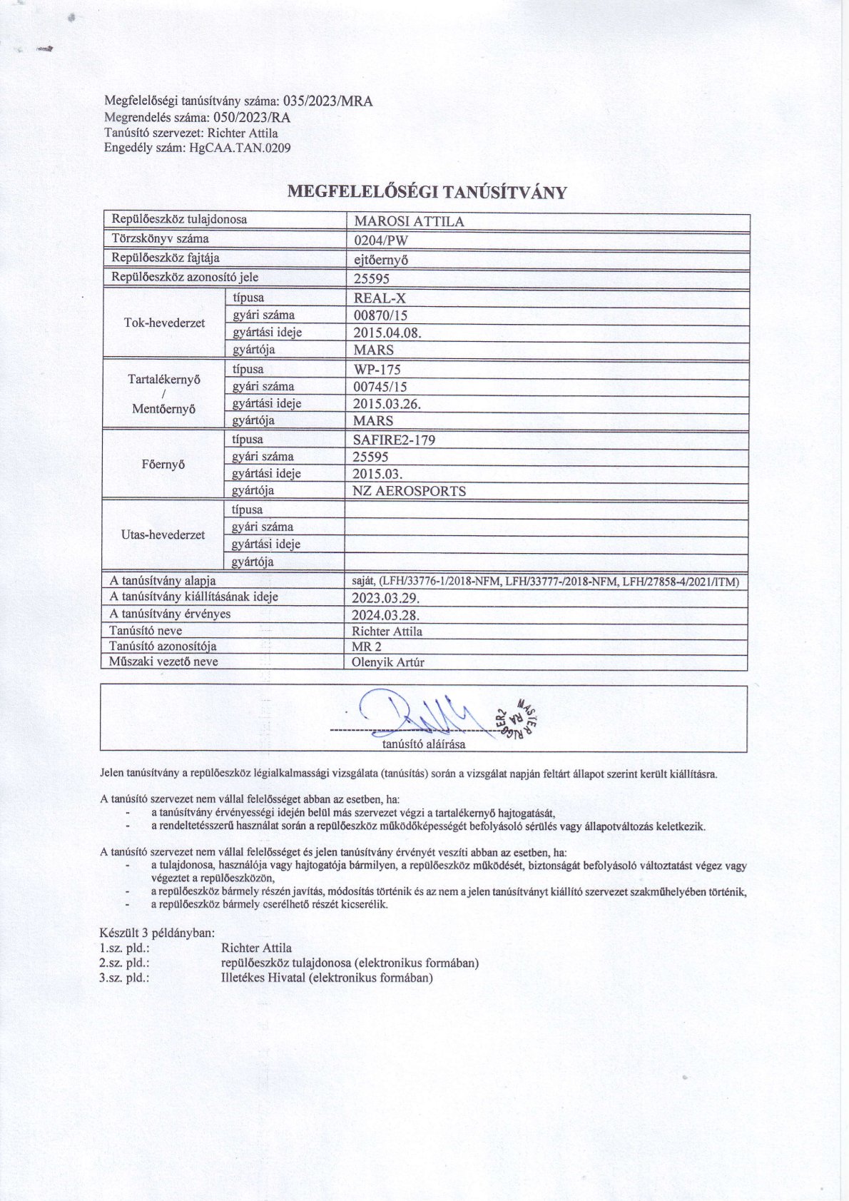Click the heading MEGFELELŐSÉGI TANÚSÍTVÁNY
tap(427, 192)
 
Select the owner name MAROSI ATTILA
tap(409, 222)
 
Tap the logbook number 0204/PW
tap(381, 240)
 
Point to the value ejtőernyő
tap(381, 260)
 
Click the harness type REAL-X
tap(380, 299)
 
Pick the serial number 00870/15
tap(380, 315)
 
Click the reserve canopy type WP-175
tap(377, 370)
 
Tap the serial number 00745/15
tap(380, 387)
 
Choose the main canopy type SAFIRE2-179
tap(394, 440)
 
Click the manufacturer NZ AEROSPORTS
tap(410, 491)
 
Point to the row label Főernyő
tap(163, 465)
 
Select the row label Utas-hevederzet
tap(163, 535)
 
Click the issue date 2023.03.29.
tap(386, 598)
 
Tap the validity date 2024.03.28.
tap(386, 615)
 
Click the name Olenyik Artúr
tap(388, 662)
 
